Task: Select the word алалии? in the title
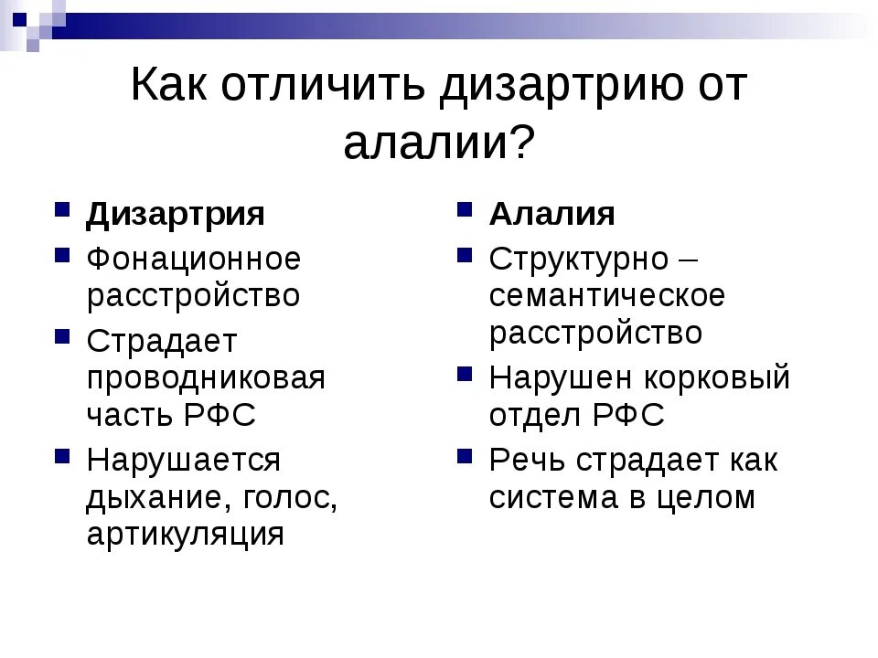(x=439, y=143)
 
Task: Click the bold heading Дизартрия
(x=176, y=215)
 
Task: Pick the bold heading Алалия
(x=552, y=215)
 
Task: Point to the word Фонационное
(x=194, y=260)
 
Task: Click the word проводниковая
(x=206, y=378)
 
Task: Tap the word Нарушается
(x=183, y=461)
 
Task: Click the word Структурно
(x=579, y=260)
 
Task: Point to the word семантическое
(x=607, y=296)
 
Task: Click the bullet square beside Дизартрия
(x=63, y=209)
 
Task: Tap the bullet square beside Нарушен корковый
(x=466, y=373)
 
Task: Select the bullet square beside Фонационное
(x=63, y=254)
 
